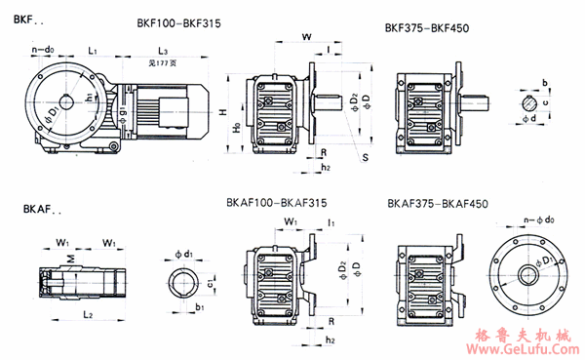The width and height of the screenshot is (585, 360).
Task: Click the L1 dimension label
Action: (91, 48)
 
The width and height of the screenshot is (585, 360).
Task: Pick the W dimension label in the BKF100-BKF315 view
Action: (308, 36)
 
